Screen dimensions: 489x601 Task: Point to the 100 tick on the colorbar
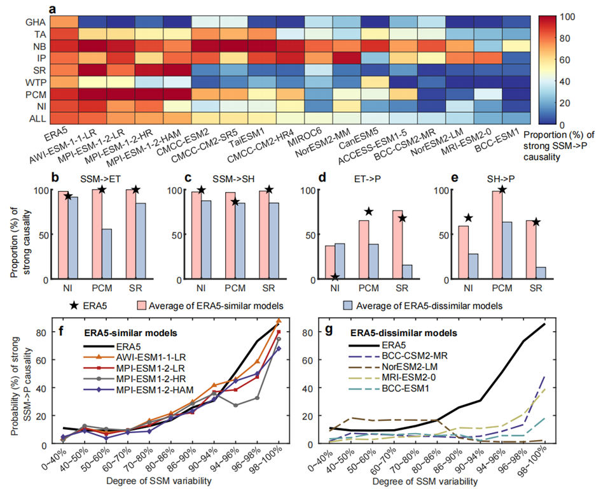[563, 15]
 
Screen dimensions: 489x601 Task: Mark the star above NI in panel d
[335, 276]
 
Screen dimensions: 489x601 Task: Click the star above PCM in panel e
[502, 189]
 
